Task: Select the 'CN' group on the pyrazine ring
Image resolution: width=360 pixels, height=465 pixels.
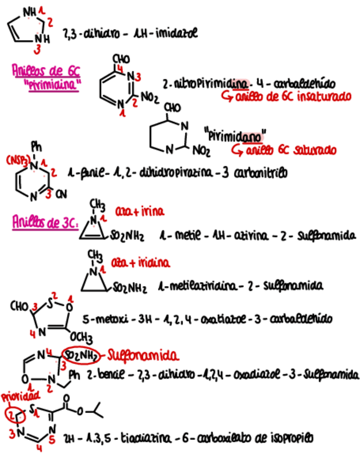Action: click(x=61, y=194)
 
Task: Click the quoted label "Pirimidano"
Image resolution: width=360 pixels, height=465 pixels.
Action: click(x=234, y=133)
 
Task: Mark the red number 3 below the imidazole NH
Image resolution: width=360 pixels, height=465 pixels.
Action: click(x=37, y=49)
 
